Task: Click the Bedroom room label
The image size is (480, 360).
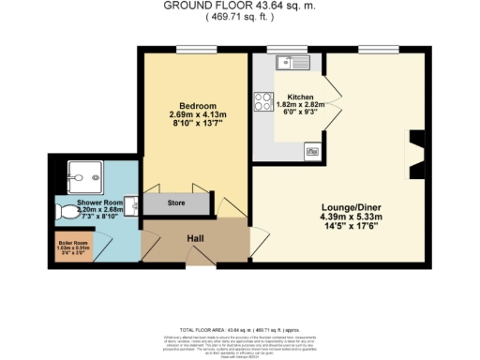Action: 199,105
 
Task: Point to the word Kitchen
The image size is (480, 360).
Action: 300,97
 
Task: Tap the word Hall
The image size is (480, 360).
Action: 195,239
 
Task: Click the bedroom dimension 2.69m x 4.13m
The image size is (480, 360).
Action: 199,114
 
